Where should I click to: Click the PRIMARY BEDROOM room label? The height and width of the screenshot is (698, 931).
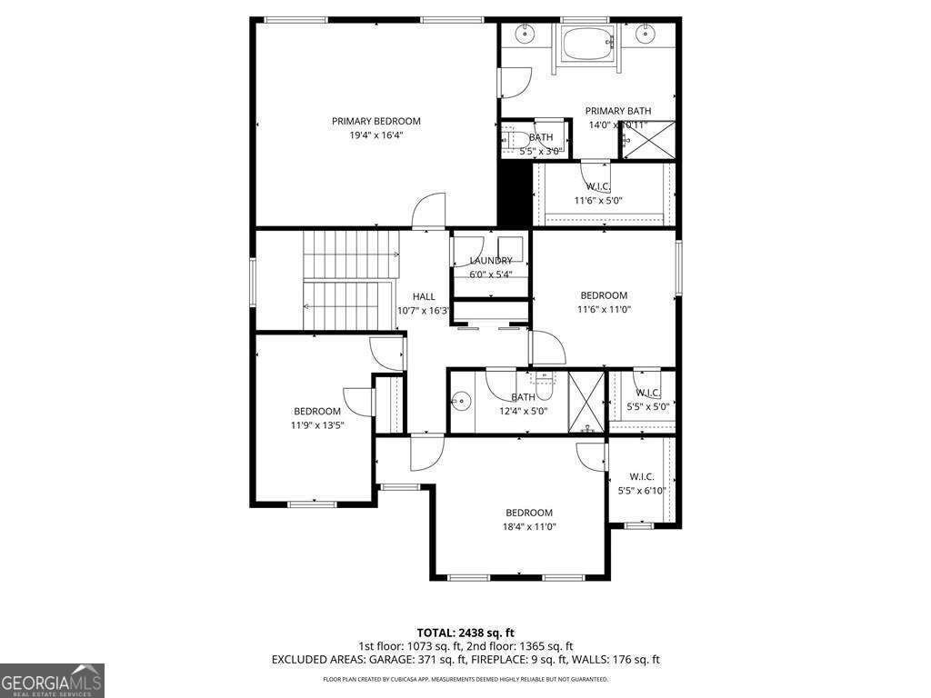coord(375,121)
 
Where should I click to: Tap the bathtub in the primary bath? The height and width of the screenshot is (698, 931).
coord(587,43)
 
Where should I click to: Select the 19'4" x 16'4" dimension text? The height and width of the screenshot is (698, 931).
coord(375,135)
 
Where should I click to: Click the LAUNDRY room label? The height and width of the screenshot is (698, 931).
coord(490,261)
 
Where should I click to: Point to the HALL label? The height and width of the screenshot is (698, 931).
coord(424,296)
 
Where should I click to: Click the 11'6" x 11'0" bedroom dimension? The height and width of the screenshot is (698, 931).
coord(604,309)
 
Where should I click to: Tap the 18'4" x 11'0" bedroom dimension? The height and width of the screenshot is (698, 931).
coord(529,526)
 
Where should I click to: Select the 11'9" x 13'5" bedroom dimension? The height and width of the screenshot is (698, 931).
coord(316,424)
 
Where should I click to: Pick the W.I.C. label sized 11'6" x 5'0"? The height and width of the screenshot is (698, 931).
coord(597,187)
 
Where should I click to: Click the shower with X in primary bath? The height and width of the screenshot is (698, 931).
coord(647,140)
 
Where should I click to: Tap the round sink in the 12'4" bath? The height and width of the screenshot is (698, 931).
coord(462,399)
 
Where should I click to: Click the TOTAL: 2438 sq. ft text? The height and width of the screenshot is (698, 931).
coord(465,633)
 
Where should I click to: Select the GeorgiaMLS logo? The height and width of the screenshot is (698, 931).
coord(52,680)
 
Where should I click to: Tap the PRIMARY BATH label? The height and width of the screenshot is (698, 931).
coord(617,111)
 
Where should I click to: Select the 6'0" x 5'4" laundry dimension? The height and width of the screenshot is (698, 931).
coord(490,274)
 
